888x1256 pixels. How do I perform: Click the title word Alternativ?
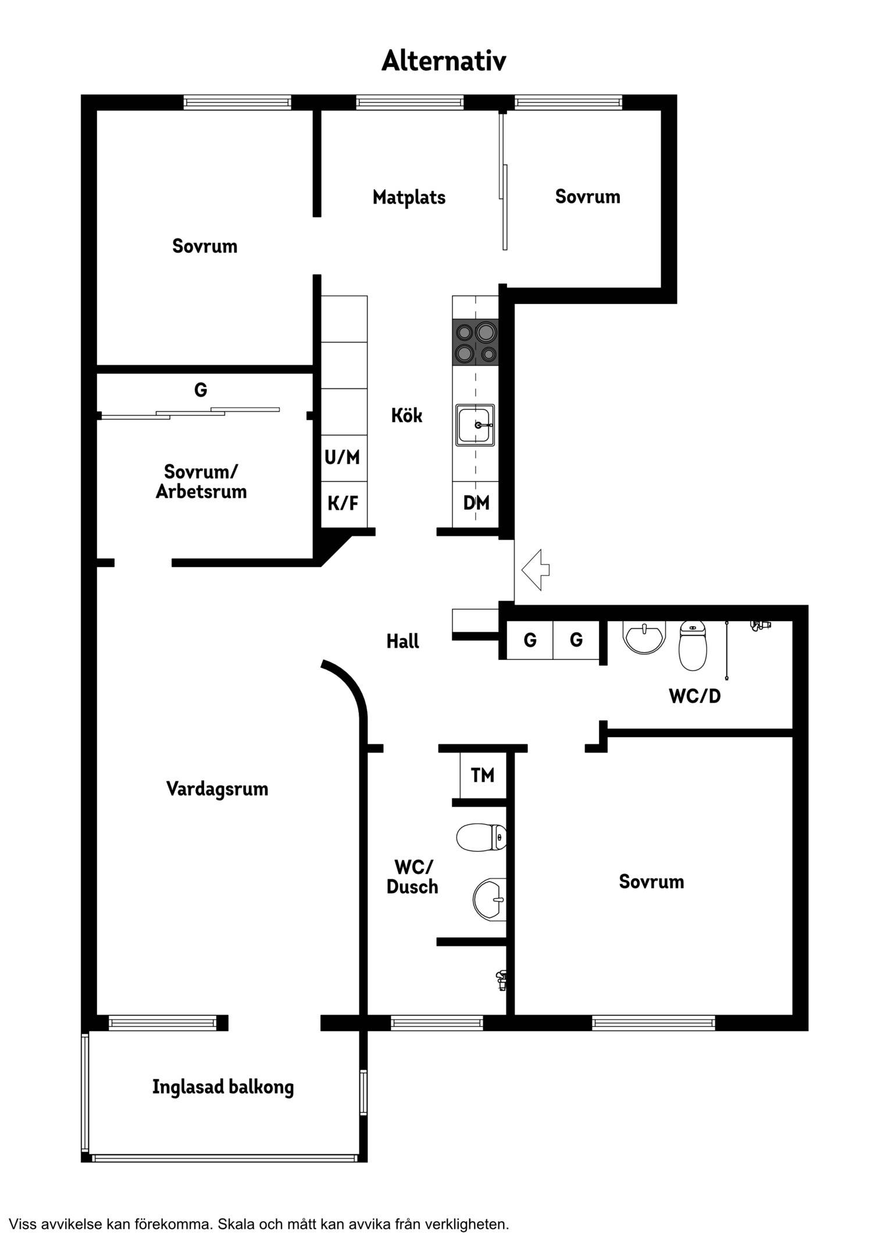444,60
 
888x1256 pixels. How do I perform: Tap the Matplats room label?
409,197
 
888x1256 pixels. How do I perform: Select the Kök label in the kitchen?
406,415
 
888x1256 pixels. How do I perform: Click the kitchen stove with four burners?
475,342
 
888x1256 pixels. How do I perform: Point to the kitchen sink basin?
475,425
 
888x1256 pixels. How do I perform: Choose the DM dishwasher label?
476,502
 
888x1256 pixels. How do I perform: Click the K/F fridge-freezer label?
343,502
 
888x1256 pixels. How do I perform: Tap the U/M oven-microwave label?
342,457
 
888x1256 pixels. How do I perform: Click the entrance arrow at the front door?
536,570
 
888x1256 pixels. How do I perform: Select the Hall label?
402,641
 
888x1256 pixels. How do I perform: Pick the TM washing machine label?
483,775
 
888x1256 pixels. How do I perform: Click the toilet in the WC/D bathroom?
693,645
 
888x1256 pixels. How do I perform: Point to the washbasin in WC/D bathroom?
644,637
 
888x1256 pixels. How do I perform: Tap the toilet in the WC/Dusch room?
481,837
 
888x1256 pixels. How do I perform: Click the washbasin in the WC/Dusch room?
490,900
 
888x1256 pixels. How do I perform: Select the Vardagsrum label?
217,789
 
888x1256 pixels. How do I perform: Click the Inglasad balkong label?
223,1087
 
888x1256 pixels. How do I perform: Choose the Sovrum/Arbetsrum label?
201,481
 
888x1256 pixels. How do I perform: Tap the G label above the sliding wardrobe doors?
201,389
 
